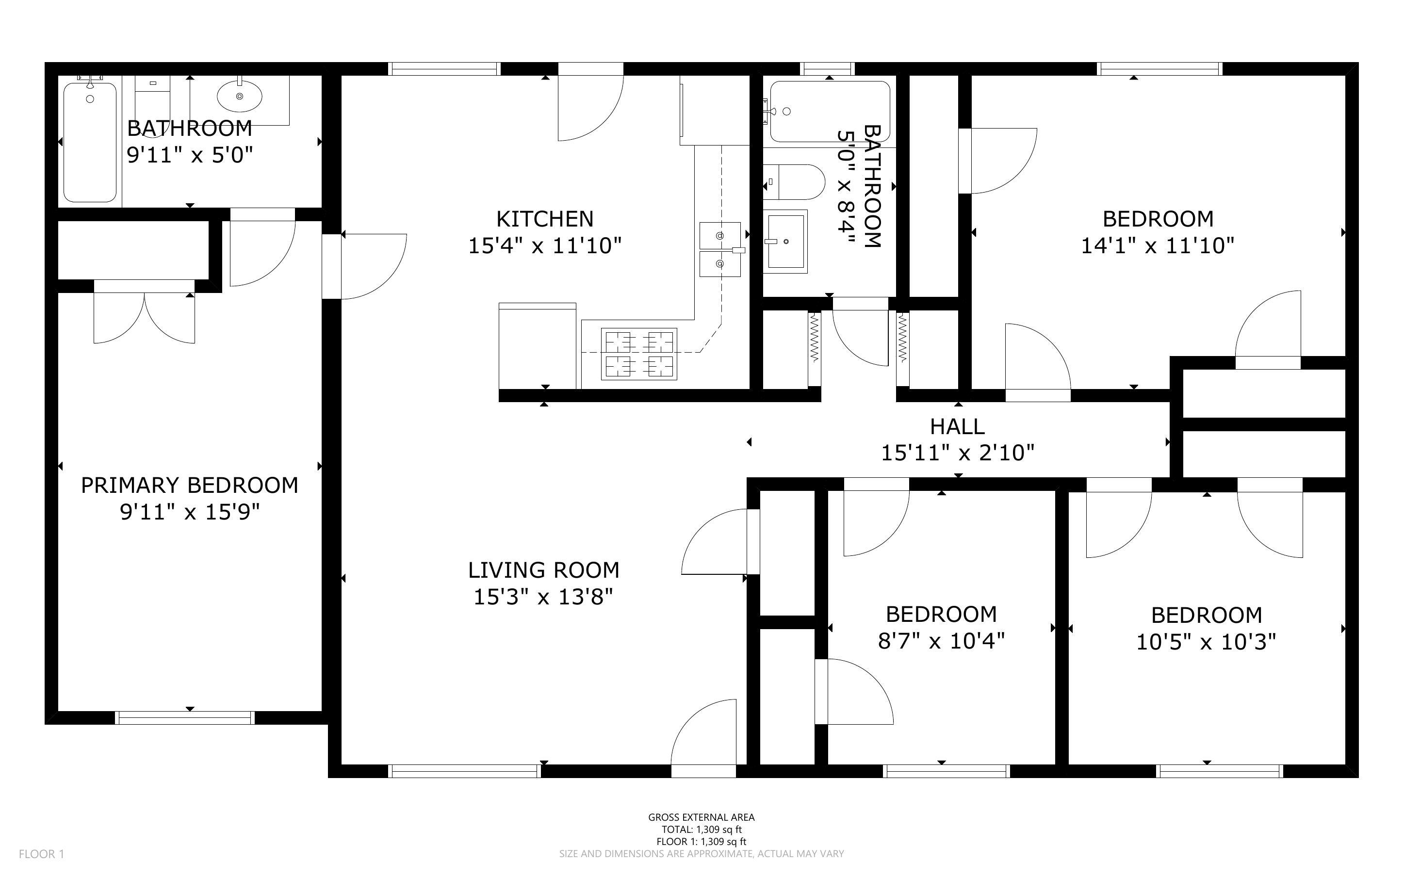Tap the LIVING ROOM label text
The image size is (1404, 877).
(543, 570)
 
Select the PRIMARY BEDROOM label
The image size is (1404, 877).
(189, 485)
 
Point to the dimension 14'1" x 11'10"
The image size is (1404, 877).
(1157, 246)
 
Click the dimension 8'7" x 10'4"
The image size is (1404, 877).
(941, 641)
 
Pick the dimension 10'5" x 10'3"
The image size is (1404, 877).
(1206, 642)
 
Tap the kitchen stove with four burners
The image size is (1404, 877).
(638, 354)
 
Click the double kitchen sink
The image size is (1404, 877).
(719, 249)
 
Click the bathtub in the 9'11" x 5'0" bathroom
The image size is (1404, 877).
(90, 142)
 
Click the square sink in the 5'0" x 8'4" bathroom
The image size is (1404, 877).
(785, 241)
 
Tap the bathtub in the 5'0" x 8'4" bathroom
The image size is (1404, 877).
(830, 112)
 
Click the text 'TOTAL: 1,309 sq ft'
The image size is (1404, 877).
(701, 829)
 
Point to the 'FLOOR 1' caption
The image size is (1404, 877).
(41, 854)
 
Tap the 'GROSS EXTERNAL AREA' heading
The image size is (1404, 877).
(701, 817)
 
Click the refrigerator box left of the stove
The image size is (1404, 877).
(538, 346)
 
